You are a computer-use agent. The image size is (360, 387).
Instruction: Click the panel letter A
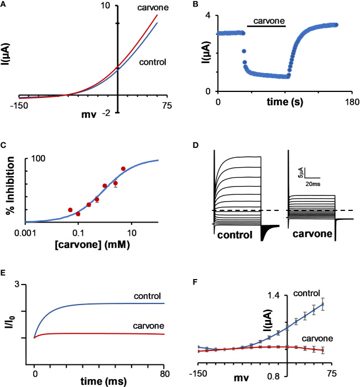click(3, 3)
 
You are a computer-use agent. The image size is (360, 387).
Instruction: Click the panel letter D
click(210, 147)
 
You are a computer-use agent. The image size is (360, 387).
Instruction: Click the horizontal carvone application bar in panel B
click(266, 26)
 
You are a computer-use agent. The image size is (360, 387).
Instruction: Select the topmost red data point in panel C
click(123, 168)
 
